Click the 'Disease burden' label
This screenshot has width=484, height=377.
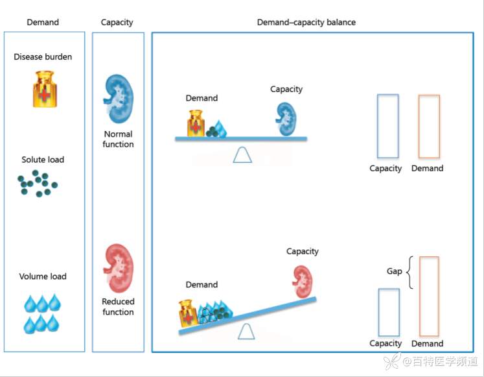[x=43, y=57]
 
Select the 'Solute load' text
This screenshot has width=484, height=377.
[x=43, y=160]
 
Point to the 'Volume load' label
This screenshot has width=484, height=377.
[x=43, y=276]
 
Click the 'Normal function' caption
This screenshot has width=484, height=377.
[x=118, y=140]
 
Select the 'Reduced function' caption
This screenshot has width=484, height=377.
[x=118, y=307]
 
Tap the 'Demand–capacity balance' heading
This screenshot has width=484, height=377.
[x=306, y=22]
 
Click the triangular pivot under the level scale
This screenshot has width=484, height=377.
[x=242, y=154]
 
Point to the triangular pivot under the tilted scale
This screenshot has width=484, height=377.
[x=246, y=331]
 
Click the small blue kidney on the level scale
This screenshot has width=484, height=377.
[x=286, y=119]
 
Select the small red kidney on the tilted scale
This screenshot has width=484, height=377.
[x=302, y=281]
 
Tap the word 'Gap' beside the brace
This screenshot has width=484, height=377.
[x=395, y=271]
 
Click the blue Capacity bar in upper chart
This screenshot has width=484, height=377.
[x=387, y=126]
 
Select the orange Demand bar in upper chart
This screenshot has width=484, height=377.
[x=429, y=127]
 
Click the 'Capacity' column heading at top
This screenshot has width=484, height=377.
[x=117, y=22]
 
